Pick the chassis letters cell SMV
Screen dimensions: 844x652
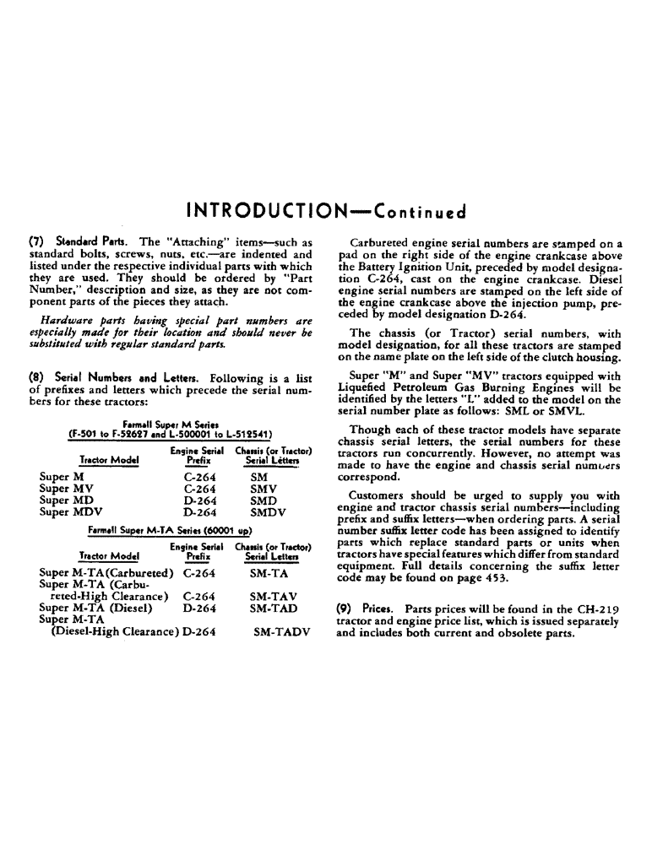pos(265,489)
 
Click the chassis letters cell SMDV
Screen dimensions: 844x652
pos(269,511)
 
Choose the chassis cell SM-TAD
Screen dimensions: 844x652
pos(273,608)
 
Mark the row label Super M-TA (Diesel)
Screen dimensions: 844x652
pos(95,608)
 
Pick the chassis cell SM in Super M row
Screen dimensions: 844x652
pos(259,477)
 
